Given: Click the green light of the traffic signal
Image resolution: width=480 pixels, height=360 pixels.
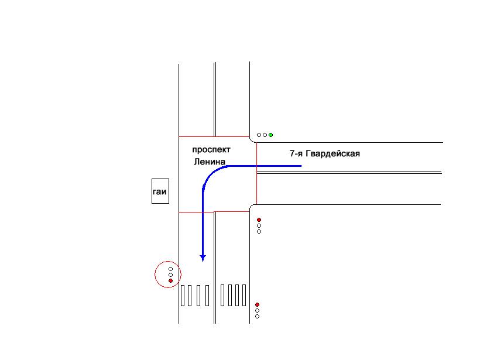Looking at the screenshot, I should [270, 135].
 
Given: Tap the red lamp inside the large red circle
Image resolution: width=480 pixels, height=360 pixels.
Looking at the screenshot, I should [170, 281].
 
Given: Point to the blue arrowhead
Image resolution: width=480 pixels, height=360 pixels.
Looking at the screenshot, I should [203, 257].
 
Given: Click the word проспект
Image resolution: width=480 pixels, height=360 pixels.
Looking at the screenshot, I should [211, 150].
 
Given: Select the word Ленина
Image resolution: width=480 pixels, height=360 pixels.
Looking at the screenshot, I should [210, 161].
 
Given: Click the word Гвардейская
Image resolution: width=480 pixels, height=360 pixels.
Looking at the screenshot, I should [332, 154].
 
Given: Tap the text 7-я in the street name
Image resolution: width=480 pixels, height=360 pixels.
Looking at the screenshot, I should [296, 154].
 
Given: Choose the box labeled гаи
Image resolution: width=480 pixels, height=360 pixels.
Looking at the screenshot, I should [160, 191].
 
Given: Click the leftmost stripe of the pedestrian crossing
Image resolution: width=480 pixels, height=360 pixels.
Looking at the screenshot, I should [184, 296].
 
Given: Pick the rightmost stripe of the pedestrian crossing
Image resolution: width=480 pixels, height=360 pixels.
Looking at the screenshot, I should [244, 296].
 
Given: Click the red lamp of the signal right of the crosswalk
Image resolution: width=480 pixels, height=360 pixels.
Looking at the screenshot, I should [257, 304].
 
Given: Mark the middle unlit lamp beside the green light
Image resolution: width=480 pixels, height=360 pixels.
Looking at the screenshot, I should [265, 135].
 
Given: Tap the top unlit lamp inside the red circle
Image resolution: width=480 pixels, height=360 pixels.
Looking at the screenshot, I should [170, 269].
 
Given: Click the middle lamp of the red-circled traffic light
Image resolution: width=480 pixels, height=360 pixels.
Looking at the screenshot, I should [170, 275].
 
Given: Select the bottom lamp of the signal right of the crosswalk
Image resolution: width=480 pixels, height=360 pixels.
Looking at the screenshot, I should [257, 317].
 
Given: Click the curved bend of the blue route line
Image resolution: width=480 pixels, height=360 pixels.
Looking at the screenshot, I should [210, 174].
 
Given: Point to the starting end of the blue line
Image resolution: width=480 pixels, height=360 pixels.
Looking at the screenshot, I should [301, 166].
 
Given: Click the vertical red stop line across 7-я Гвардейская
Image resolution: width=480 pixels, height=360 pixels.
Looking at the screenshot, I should [256, 176].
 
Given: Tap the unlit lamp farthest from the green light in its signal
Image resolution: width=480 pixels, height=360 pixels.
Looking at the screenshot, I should [259, 135].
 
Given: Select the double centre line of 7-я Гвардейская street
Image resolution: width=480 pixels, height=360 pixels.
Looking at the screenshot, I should [351, 173].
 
